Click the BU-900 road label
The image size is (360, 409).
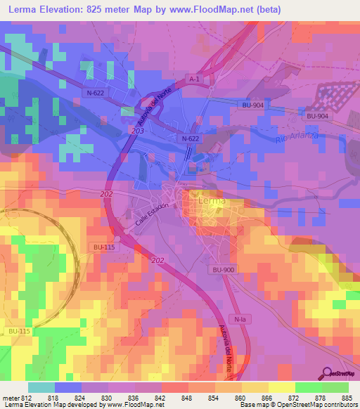(218, 270)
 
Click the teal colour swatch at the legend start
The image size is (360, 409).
(41, 387)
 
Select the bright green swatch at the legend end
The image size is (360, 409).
(335, 387)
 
